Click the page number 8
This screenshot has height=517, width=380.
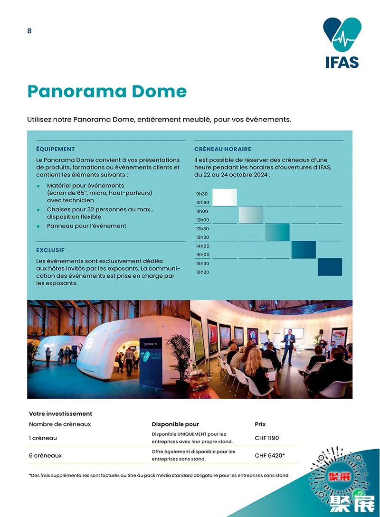(x=29, y=31)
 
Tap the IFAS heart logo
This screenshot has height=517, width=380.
(x=342, y=35)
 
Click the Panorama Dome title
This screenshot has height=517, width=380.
(x=107, y=91)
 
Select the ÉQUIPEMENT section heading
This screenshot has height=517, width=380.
(x=56, y=149)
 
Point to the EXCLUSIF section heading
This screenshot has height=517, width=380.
(x=50, y=250)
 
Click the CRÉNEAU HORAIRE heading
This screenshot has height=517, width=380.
(x=223, y=149)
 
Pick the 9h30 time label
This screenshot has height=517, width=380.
(x=202, y=194)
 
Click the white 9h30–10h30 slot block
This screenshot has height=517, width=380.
(x=225, y=197)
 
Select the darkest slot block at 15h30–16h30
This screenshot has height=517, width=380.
(x=330, y=267)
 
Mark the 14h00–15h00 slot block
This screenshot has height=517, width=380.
(x=304, y=249)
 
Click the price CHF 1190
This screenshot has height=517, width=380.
(x=267, y=438)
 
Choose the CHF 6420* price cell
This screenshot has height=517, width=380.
(x=270, y=456)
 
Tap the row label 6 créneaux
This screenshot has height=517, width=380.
(x=46, y=456)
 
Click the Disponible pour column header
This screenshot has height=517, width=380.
(x=175, y=424)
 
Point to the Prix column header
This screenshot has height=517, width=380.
(x=260, y=424)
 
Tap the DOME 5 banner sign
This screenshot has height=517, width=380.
(x=150, y=344)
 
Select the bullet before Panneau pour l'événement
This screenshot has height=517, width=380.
(x=38, y=226)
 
